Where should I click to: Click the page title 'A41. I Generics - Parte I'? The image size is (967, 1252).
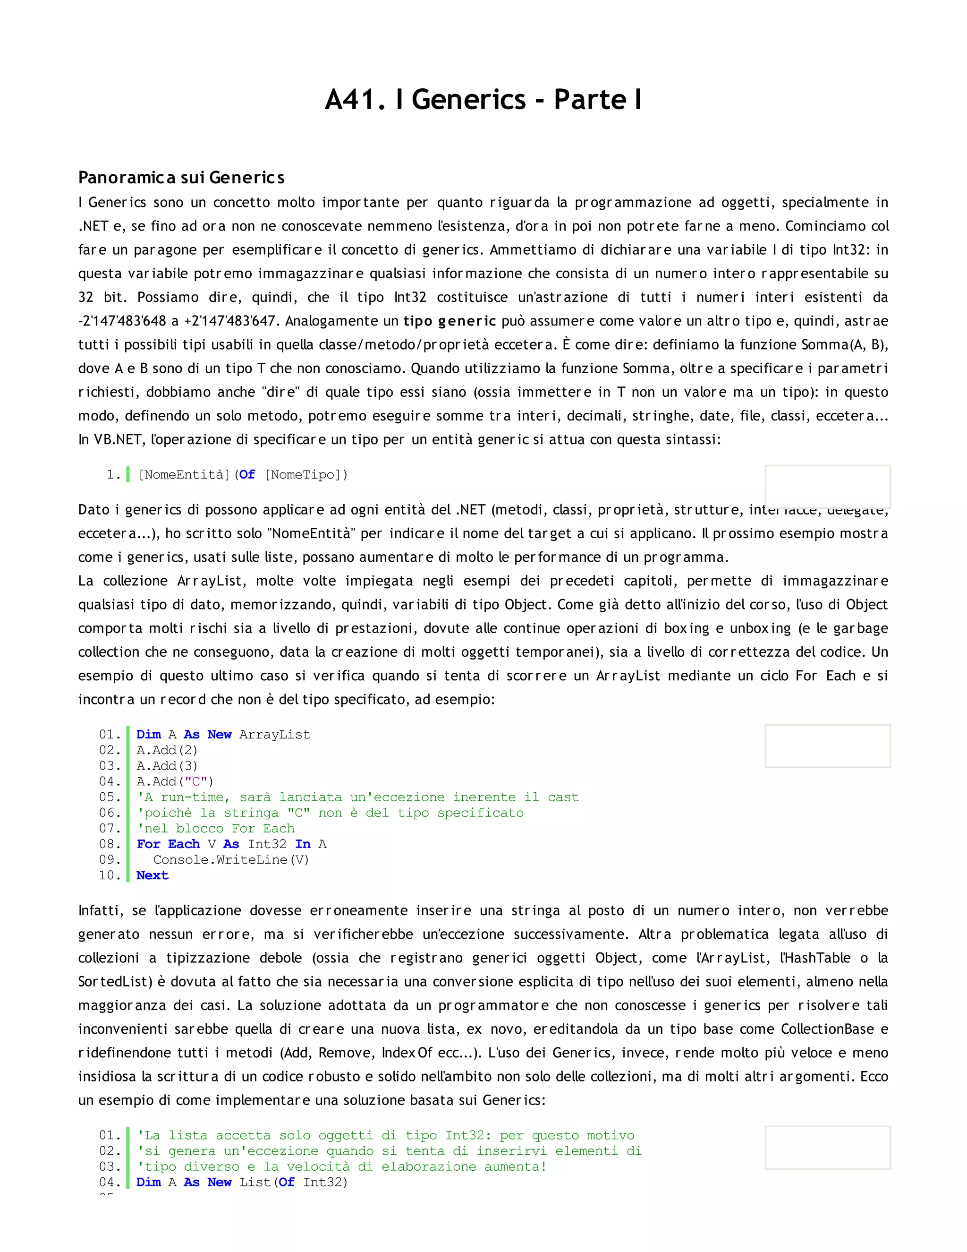click(x=483, y=100)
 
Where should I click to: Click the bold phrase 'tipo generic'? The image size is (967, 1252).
click(x=449, y=321)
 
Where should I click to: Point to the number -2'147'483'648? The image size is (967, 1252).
click(x=122, y=321)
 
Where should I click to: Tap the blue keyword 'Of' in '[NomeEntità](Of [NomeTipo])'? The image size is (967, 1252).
click(x=247, y=475)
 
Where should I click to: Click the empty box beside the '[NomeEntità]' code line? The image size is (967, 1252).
click(x=827, y=487)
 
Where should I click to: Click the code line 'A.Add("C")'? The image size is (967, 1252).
click(x=175, y=782)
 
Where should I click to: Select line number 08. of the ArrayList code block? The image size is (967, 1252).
click(x=110, y=844)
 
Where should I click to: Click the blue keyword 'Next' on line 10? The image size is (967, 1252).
click(x=153, y=876)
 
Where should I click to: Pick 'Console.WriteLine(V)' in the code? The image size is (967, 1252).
click(x=231, y=860)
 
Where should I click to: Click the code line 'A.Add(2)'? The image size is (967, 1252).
click(x=167, y=750)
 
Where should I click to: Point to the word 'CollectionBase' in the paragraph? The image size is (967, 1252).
click(x=827, y=1029)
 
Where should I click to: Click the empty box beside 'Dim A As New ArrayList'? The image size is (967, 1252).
click(x=827, y=746)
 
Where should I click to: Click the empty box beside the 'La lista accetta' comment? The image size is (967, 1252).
click(x=827, y=1148)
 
